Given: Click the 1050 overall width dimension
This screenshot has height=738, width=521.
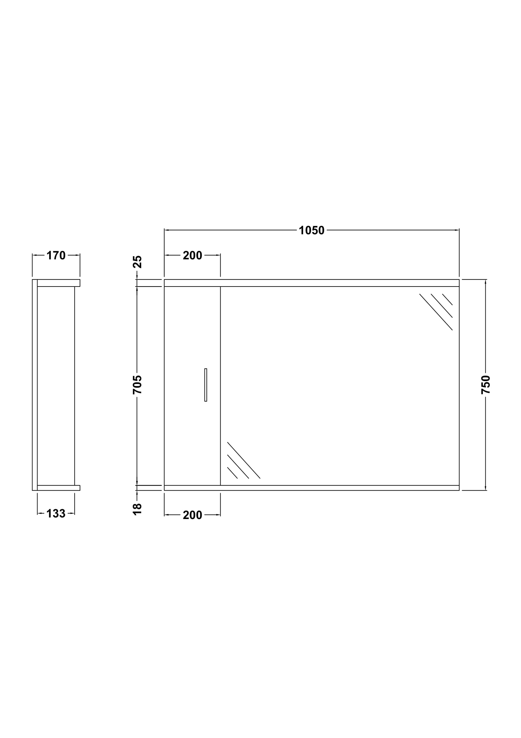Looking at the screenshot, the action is pyautogui.click(x=311, y=230).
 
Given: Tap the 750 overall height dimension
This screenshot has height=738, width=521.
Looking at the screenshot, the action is pyautogui.click(x=486, y=385).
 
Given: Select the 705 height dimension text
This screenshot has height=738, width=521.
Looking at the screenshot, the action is pyautogui.click(x=137, y=384).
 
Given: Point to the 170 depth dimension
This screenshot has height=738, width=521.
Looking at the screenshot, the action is pyautogui.click(x=56, y=256).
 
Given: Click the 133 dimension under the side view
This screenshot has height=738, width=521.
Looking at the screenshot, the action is pyautogui.click(x=56, y=514).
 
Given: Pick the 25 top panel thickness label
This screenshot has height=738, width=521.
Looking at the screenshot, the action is pyautogui.click(x=137, y=262).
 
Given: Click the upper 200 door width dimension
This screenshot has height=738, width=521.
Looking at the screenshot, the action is pyautogui.click(x=192, y=256).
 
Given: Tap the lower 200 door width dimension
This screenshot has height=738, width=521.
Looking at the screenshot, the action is pyautogui.click(x=192, y=515).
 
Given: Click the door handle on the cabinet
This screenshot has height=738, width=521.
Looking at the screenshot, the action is pyautogui.click(x=206, y=385).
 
